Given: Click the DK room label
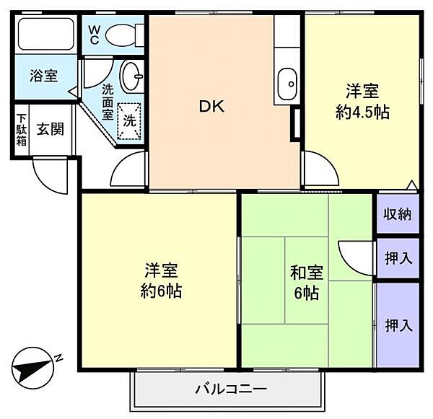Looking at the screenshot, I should point(212,107).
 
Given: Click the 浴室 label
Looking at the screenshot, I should point(43,75).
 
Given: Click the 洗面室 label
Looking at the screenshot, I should point(108,101).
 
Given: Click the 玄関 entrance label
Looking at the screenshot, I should point(51,131).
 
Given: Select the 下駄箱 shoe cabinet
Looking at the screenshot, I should point(22,131).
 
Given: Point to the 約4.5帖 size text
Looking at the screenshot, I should point(362,113).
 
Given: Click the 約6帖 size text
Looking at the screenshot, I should point(160,291).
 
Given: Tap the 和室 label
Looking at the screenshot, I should point(307,273).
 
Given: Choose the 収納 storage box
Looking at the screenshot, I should point(398,214).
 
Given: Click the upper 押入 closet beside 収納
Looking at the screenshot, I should point(398,257).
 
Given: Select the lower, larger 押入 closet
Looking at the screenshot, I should point(398,325).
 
